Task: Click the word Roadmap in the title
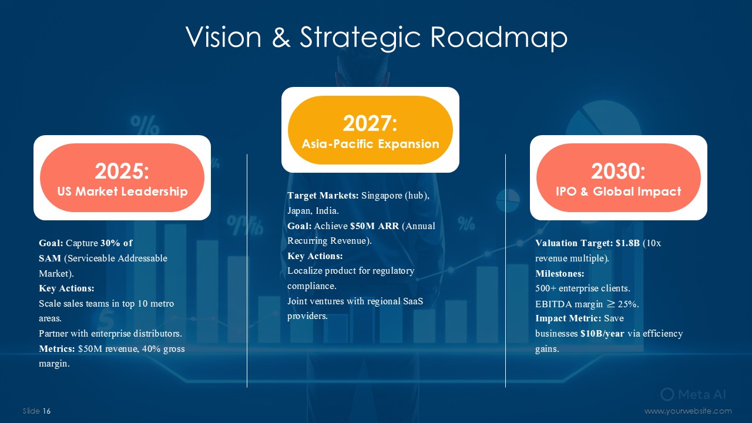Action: [x=499, y=37]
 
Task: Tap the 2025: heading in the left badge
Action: [x=122, y=171]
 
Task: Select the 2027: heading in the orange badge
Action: [x=370, y=123]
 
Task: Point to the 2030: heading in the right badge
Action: [x=618, y=171]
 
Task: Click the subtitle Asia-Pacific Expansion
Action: [x=370, y=144]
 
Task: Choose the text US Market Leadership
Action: [x=122, y=192]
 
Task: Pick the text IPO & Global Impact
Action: [x=619, y=192]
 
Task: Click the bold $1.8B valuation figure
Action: [x=628, y=243]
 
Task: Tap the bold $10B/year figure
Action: [x=602, y=334]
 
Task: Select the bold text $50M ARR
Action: [x=375, y=226]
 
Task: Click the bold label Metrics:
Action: [x=57, y=349]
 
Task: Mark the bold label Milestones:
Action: [x=560, y=274]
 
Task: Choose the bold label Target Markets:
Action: [x=323, y=196]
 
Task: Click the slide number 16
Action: [x=46, y=411]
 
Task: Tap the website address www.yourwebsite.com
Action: [x=688, y=411]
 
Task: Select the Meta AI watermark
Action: [x=693, y=394]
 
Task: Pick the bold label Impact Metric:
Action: [x=568, y=318]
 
